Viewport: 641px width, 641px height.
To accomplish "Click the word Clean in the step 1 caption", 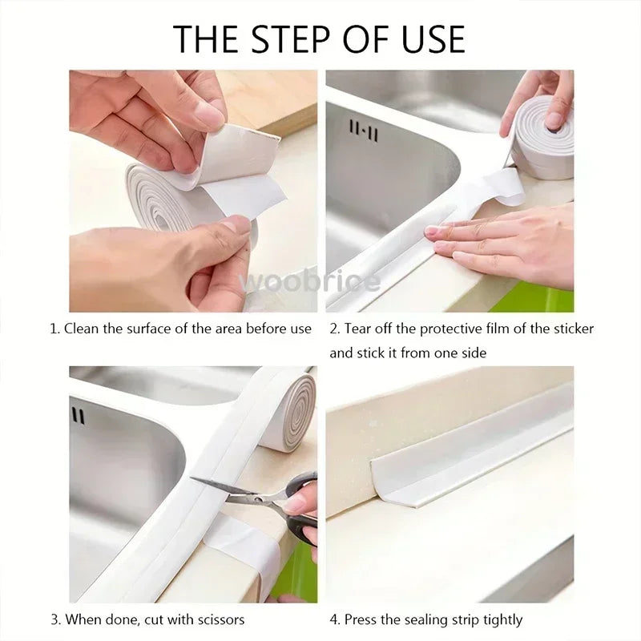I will click(x=80, y=329).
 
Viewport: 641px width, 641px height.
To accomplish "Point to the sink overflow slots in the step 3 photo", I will click(x=78, y=415).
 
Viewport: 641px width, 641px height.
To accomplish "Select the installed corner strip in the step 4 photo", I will click(x=473, y=449).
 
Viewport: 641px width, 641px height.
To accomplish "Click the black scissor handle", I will click(x=303, y=525).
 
